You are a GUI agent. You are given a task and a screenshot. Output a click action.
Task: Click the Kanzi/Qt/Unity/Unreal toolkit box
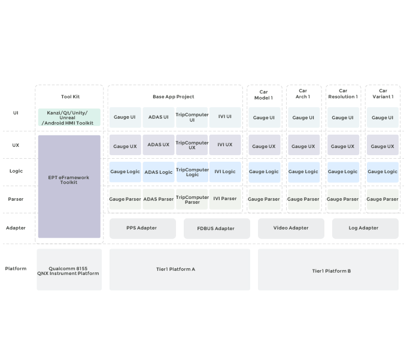69,117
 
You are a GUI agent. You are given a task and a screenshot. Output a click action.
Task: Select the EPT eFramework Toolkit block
69,186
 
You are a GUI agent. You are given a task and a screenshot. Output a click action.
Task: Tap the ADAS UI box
159,117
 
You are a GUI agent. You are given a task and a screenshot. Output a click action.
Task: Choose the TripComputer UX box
192,145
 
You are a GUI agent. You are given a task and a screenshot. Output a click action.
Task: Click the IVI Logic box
225,172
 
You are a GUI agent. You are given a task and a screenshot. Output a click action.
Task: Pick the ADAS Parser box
159,199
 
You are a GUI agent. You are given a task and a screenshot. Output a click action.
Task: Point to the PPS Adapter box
142,228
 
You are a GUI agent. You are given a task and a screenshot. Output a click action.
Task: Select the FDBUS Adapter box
217,228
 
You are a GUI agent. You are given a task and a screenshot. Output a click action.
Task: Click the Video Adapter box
291,228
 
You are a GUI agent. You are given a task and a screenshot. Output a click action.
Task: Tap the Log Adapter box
365,228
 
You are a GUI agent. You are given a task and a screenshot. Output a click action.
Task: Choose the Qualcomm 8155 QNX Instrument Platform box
69,270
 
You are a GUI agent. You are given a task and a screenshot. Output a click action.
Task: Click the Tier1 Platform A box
180,270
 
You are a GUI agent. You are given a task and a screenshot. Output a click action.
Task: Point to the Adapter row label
16,228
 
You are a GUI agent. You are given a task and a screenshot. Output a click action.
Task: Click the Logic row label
16,171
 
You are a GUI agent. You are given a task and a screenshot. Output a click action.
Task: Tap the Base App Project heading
174,96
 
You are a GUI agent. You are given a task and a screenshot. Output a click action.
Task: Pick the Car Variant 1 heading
382,93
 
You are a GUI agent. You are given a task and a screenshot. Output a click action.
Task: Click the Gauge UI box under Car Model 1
264,117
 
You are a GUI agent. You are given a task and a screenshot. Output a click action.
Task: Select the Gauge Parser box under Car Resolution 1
343,199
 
